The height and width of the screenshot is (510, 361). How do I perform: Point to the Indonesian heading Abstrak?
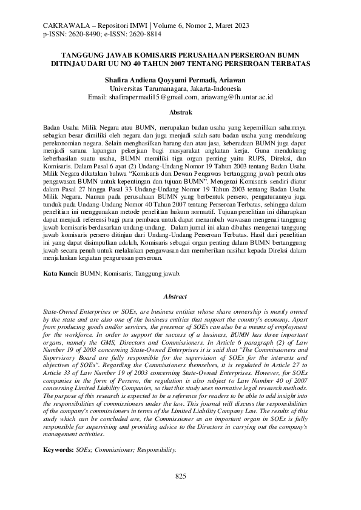click(x=180, y=113)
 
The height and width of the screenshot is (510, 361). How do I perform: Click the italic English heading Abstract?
click(x=180, y=296)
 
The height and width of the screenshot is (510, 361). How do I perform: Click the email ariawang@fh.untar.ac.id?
click(x=237, y=97)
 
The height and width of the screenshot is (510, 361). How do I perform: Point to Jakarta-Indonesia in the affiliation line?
click(x=217, y=88)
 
